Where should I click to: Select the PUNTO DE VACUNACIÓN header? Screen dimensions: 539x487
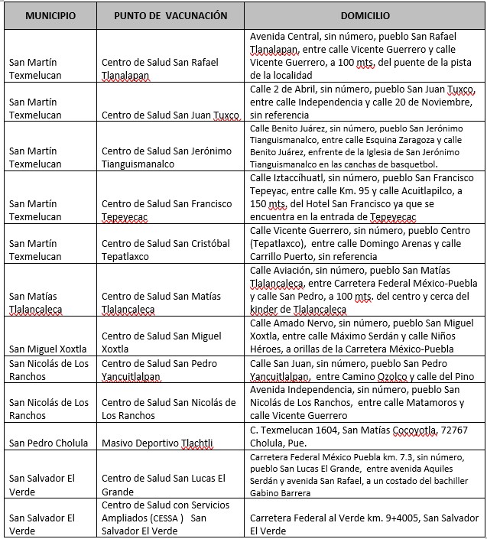coord(170,15)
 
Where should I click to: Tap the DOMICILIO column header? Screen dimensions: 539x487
coord(365,15)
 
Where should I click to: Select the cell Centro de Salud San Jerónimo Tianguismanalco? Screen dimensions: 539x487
coord(166,157)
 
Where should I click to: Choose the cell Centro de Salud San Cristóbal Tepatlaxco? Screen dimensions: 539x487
coord(165,250)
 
